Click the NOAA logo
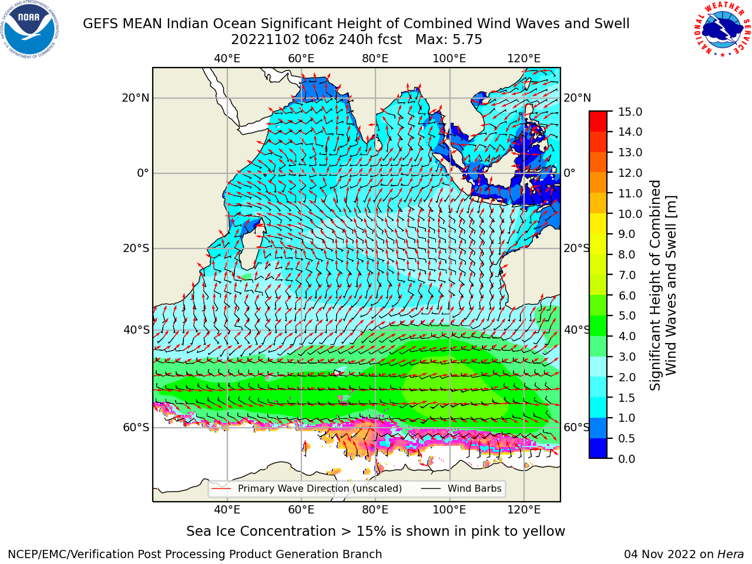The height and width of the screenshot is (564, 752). point(30,29)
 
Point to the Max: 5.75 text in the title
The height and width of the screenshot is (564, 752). point(448,40)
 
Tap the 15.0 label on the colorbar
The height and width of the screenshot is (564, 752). point(630,112)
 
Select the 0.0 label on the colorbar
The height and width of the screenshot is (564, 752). point(627,459)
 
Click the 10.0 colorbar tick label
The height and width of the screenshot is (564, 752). point(630,214)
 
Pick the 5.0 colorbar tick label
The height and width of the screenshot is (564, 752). point(627,315)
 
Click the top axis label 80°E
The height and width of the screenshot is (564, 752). point(375,59)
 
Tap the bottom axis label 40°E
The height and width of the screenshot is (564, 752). point(227,510)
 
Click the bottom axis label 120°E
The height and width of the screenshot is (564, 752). point(524,510)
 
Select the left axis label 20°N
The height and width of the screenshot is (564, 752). point(136,98)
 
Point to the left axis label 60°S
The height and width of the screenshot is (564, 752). point(136,427)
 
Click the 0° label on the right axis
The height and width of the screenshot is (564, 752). point(569,173)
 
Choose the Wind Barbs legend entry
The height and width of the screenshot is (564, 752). point(461,488)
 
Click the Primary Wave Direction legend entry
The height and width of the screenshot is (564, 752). point(307,488)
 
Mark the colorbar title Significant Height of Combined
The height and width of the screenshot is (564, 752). point(655,285)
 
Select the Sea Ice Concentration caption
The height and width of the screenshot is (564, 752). point(375,532)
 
